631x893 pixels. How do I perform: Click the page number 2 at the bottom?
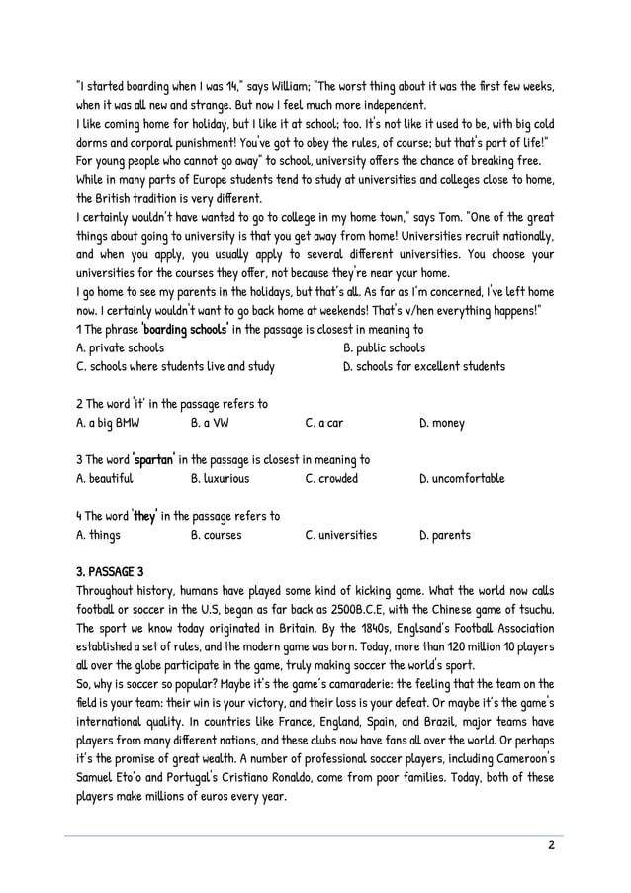point(551,845)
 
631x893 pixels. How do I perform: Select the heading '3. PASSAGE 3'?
point(110,571)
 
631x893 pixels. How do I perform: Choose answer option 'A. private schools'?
point(120,347)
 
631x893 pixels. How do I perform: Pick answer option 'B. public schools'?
point(384,347)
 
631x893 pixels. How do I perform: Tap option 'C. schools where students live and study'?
point(175,366)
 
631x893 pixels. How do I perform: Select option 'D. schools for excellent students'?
point(423,366)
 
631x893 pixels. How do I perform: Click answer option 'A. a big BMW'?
point(108,423)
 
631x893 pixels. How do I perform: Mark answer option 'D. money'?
point(441,423)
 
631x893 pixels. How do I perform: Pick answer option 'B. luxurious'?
point(220,478)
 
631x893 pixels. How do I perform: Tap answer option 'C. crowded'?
point(331,478)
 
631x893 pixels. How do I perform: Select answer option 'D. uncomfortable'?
point(462,478)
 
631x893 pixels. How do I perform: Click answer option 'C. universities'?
point(340,535)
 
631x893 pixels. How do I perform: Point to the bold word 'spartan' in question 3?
point(154,459)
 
